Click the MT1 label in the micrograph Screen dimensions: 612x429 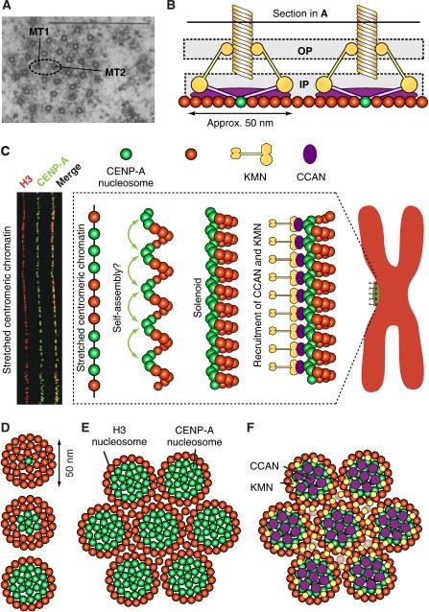click(38, 35)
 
